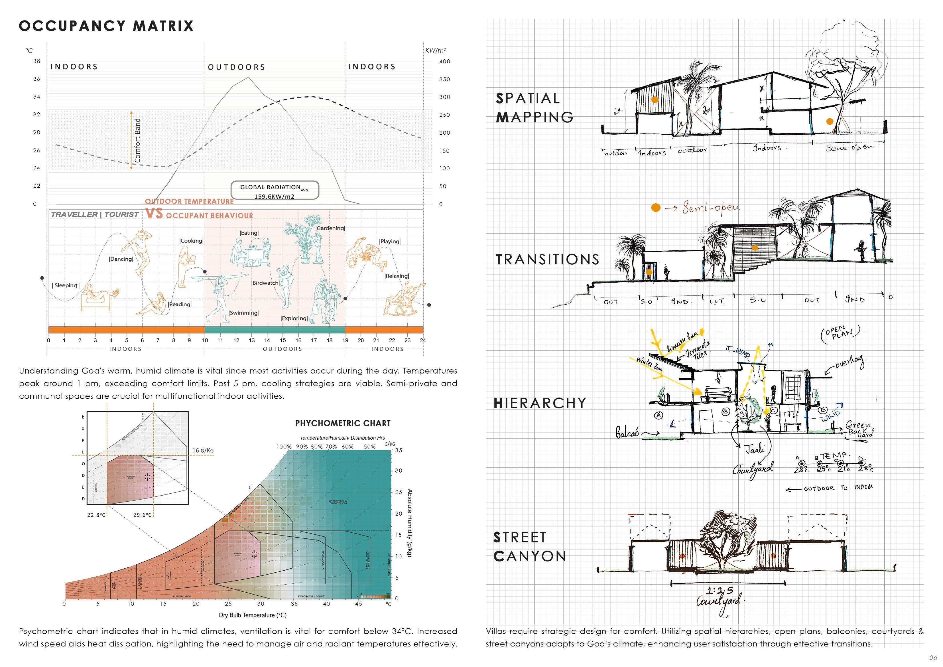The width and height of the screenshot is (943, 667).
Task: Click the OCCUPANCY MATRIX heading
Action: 106,26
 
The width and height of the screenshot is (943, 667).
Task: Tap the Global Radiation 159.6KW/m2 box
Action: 274,190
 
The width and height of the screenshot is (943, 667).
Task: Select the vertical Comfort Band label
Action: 138,140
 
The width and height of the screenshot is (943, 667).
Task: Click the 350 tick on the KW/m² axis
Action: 444,79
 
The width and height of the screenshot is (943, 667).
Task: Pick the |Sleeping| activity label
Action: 66,285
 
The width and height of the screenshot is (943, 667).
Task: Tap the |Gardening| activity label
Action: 330,228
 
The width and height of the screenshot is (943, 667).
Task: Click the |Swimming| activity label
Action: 243,313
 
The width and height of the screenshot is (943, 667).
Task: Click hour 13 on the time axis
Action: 252,340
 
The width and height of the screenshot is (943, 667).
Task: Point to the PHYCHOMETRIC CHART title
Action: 343,423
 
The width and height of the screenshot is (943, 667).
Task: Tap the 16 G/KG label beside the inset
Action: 203,451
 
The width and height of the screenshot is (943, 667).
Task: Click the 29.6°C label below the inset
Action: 143,515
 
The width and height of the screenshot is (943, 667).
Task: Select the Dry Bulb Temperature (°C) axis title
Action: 253,615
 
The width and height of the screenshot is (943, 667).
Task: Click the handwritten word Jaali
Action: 755,449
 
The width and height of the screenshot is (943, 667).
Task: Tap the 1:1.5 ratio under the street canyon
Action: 720,591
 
